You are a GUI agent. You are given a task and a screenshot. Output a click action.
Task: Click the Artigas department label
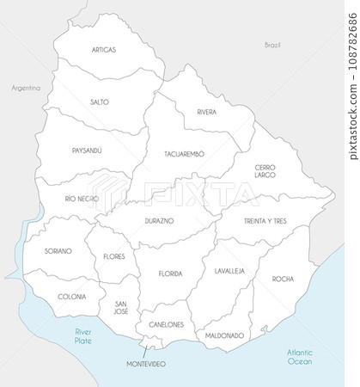tap(103, 50)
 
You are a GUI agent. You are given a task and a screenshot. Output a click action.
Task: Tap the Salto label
tap(99, 101)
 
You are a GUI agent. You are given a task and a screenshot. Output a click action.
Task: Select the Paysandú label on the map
tap(87, 150)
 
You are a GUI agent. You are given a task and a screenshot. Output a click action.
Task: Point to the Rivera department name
tap(206, 113)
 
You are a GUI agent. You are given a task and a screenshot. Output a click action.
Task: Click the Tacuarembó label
tap(184, 154)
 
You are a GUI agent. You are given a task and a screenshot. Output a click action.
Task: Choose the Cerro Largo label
tap(265, 171)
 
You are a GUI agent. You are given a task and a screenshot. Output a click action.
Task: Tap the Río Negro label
tap(82, 199)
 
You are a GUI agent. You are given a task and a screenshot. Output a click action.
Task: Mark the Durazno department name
tap(159, 221)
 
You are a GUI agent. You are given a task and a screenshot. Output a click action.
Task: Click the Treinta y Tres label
tap(265, 221)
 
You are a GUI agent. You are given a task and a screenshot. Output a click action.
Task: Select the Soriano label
tap(59, 251)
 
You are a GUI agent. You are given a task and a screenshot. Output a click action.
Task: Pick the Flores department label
tap(113, 256)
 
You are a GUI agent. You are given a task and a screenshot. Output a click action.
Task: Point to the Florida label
tap(170, 273)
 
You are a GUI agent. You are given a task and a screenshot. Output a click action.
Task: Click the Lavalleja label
tap(229, 270)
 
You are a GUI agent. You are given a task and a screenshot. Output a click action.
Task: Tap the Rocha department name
tap(283, 279)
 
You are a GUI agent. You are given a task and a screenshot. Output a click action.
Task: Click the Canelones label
tap(167, 324)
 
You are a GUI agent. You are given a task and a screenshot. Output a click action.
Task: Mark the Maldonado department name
tap(224, 335)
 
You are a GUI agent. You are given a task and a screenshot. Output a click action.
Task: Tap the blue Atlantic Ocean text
tap(301, 356)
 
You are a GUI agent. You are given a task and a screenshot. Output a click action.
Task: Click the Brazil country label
tap(273, 44)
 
